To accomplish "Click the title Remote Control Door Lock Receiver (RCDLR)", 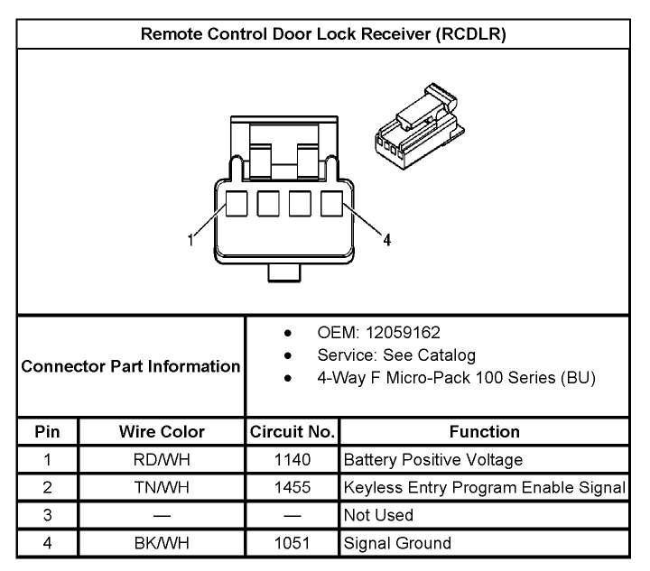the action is coord(323,34).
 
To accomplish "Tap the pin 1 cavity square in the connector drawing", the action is coord(237,203).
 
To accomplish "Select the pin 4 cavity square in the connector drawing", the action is coord(331,203).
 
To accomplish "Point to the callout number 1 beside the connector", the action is coord(190,240).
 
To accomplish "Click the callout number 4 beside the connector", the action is coord(386,240).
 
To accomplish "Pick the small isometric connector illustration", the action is coord(420,126).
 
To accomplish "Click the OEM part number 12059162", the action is coord(403,333).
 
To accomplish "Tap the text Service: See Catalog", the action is coord(396,355).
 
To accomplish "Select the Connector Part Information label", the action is coord(131,366).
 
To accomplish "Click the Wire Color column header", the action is coord(162,432).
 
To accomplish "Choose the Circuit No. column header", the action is coord(292,432).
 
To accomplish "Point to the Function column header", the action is coord(484,432).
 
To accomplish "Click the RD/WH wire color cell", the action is coord(162,460).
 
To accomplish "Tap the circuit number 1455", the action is coord(292,487).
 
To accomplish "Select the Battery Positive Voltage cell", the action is coord(433,460).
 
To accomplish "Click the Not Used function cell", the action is coord(378,515).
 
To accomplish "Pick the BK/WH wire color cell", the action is coord(162,543).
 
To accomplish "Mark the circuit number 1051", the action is coord(292,543).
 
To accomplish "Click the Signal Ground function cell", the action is coord(397,543).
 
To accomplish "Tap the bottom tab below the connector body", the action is coord(284,272).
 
